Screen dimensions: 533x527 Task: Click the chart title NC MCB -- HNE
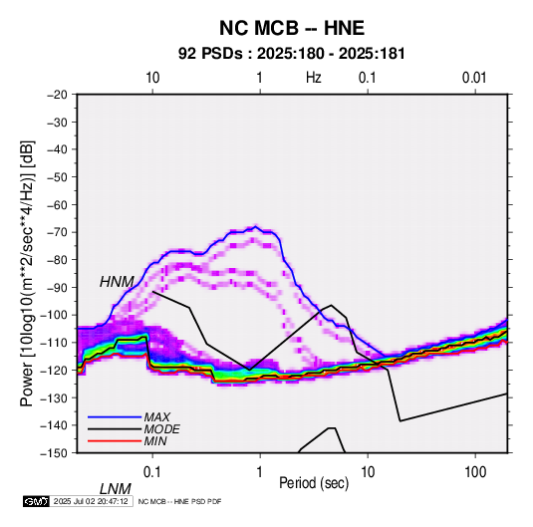click(x=292, y=28)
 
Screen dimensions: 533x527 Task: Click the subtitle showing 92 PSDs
click(x=292, y=54)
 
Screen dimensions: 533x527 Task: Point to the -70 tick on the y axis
click(x=57, y=232)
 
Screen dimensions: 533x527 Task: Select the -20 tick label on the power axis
click(x=57, y=95)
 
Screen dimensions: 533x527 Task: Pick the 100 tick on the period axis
click(x=475, y=472)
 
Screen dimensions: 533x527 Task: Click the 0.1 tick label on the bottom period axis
click(x=152, y=472)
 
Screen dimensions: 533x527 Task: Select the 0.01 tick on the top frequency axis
click(x=474, y=78)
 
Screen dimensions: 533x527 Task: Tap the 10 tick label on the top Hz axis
click(x=152, y=78)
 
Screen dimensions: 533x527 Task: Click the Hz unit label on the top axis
click(x=314, y=78)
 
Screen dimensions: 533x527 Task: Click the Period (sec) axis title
click(x=314, y=483)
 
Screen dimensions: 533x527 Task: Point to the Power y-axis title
click(x=27, y=274)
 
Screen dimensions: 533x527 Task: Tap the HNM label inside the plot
click(x=117, y=282)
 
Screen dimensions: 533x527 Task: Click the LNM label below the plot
click(x=116, y=489)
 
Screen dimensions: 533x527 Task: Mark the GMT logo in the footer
click(x=37, y=501)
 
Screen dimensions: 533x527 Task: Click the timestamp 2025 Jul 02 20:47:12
click(x=91, y=501)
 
